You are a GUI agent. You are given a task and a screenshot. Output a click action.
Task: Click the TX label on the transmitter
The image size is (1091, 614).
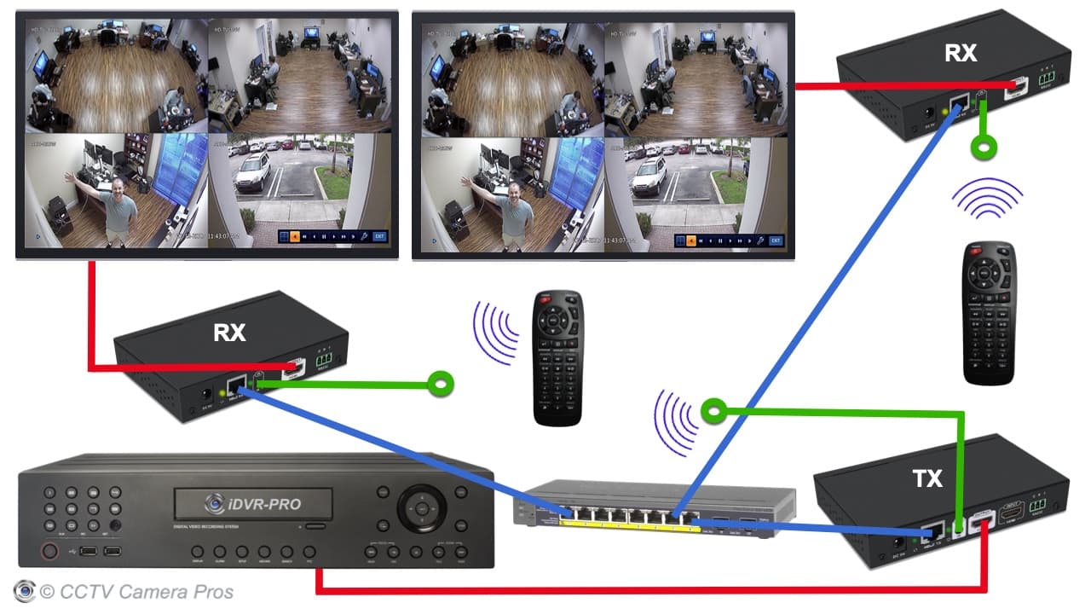coord(926,478)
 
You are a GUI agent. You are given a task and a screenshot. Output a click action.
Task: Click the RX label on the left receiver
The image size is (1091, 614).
coord(229,333)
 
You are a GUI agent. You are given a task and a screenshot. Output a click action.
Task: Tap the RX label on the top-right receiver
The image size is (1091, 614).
coord(961,53)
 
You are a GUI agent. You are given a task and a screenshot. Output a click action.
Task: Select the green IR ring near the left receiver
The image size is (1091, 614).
coord(441,385)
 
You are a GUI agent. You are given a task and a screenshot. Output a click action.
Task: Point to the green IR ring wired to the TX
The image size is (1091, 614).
coord(713,413)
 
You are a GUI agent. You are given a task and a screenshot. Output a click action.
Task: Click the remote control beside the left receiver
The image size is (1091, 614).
coord(557,357)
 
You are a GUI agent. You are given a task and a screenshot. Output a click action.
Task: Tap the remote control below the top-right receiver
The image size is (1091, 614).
coord(989,312)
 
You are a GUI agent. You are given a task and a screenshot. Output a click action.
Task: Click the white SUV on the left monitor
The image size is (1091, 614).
coord(252,172)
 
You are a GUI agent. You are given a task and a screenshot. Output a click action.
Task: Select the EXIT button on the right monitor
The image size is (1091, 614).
coord(776,240)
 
